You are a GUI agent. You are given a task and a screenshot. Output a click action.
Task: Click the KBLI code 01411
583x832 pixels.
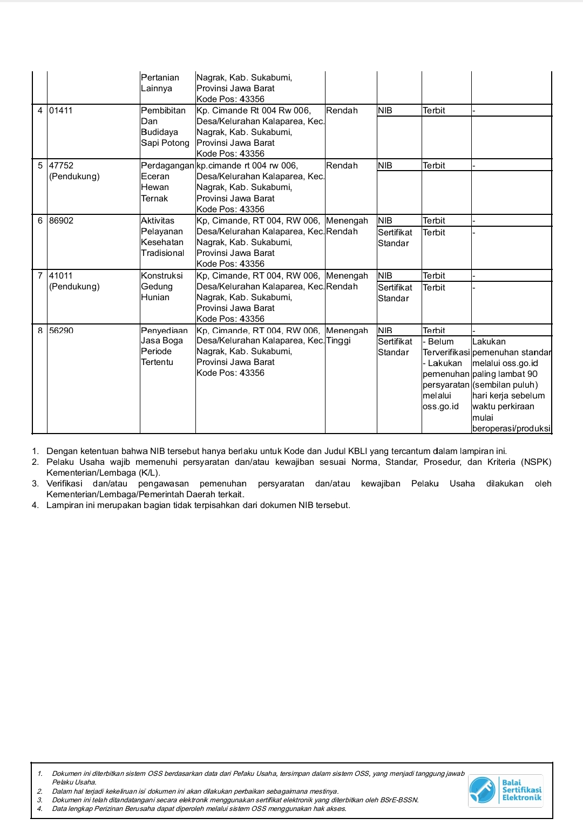pyautogui.click(x=61, y=111)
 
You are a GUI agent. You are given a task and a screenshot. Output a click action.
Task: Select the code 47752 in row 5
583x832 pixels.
pyautogui.click(x=61, y=166)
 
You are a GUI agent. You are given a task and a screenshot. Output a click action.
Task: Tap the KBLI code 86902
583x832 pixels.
pyautogui.click(x=61, y=221)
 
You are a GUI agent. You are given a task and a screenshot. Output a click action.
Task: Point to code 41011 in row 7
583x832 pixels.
pyautogui.click(x=61, y=276)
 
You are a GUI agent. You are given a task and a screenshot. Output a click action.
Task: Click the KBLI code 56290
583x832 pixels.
pyautogui.click(x=61, y=330)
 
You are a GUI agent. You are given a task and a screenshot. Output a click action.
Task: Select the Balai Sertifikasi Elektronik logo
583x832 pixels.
pyautogui.click(x=505, y=790)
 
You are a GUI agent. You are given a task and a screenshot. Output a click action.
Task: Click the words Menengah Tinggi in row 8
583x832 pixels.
pyautogui.click(x=347, y=336)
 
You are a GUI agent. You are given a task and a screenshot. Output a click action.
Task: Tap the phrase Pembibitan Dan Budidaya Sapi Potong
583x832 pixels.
pyautogui.click(x=165, y=127)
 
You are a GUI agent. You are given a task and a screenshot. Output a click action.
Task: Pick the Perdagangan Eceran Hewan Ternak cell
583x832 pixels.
pyautogui.click(x=167, y=182)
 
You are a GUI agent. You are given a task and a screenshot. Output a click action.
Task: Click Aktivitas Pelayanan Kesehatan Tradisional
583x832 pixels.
pyautogui.click(x=162, y=237)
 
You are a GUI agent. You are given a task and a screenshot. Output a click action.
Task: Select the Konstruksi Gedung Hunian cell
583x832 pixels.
pyautogui.click(x=161, y=287)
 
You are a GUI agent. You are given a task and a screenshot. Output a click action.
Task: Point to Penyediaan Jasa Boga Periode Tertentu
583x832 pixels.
pyautogui.click(x=164, y=346)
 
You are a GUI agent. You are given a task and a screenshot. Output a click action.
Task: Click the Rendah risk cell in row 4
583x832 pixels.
pyautogui.click(x=342, y=111)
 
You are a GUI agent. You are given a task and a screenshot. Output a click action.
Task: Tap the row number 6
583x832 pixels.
pyautogui.click(x=40, y=221)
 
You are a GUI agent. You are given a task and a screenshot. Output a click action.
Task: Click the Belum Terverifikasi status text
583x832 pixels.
pyautogui.click(x=445, y=347)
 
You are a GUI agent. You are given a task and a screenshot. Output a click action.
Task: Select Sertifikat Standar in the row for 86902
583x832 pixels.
pyautogui.click(x=395, y=238)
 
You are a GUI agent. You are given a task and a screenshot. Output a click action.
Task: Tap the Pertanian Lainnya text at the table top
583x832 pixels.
pyautogui.click(x=159, y=83)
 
